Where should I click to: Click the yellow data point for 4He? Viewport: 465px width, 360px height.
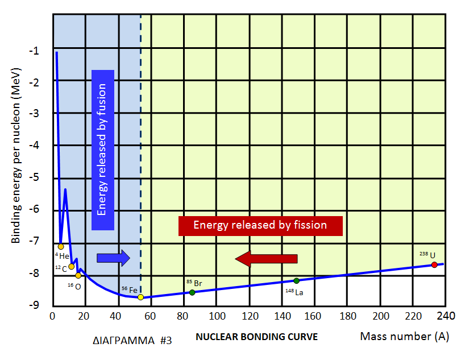pyautogui.click(x=61, y=246)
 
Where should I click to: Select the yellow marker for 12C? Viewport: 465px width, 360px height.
pyautogui.click(x=72, y=266)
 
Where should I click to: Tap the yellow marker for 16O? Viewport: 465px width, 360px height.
pyautogui.click(x=78, y=275)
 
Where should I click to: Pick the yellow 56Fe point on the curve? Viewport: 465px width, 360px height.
pyautogui.click(x=140, y=297)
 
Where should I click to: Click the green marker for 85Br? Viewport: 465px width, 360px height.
pyautogui.click(x=192, y=292)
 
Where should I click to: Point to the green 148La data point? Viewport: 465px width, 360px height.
pyautogui.click(x=296, y=280)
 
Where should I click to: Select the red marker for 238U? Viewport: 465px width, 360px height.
pyautogui.click(x=434, y=264)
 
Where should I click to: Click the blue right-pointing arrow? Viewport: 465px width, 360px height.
pyautogui.click(x=114, y=258)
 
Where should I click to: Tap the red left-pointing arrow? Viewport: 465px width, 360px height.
pyautogui.click(x=267, y=259)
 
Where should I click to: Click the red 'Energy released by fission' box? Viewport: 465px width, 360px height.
pyautogui.click(x=260, y=225)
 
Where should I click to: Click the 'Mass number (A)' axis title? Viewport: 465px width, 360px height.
pyautogui.click(x=404, y=336)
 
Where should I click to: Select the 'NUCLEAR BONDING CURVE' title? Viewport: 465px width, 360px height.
pyautogui.click(x=256, y=337)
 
